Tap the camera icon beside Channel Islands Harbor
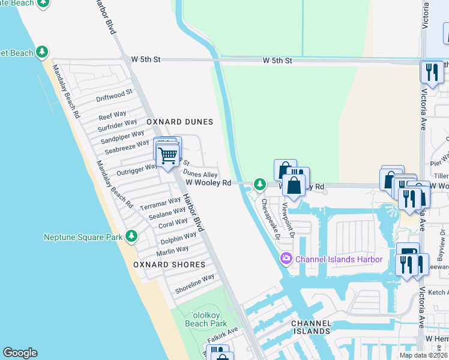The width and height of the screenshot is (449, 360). (286, 259)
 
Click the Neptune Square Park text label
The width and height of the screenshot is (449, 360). (83, 237)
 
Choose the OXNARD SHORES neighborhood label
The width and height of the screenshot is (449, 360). (169, 265)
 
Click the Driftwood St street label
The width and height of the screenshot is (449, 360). (114, 95)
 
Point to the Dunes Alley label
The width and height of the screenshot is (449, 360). (200, 174)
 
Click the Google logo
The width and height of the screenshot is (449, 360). (20, 353)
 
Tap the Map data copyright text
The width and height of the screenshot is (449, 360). (423, 355)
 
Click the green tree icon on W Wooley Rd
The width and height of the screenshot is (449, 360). (259, 184)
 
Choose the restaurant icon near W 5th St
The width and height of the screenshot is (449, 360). (432, 71)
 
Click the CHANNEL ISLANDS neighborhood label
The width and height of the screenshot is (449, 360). (311, 327)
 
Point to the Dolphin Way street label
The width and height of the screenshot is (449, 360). (179, 239)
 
